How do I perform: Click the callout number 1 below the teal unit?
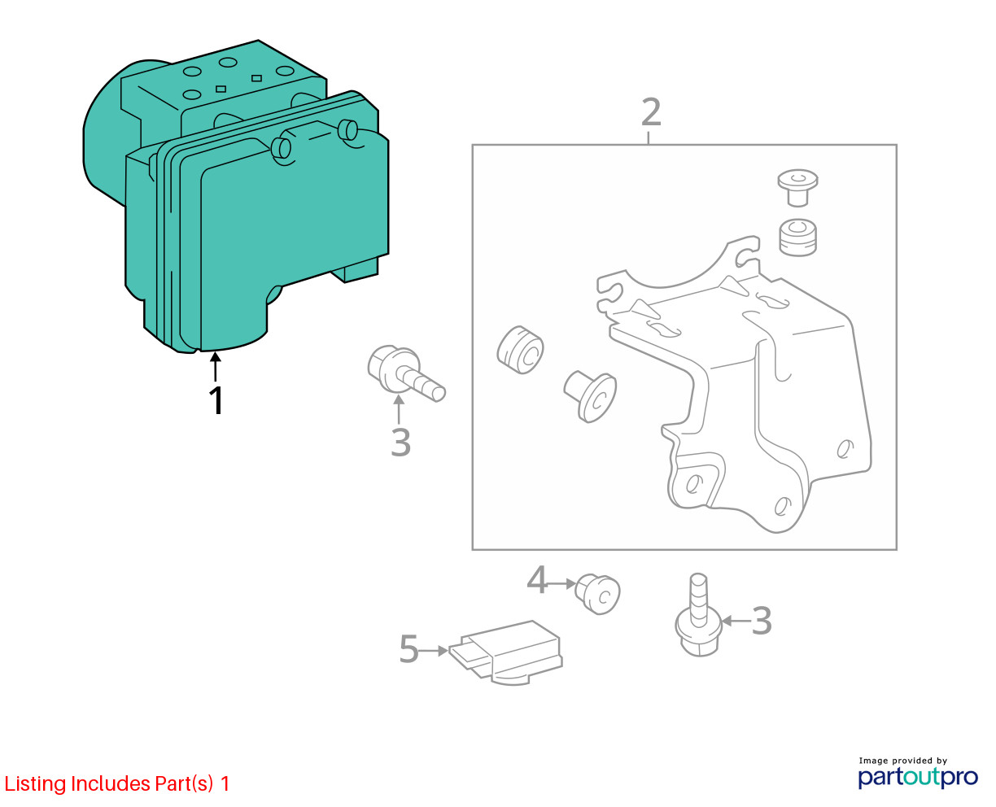(x=216, y=401)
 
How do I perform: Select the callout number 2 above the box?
(x=650, y=113)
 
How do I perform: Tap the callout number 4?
(x=537, y=580)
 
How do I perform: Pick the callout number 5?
(x=408, y=649)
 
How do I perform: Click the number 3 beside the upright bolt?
(x=761, y=621)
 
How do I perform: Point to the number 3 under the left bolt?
(x=400, y=443)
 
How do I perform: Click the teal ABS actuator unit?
(x=244, y=203)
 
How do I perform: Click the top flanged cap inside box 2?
(x=797, y=187)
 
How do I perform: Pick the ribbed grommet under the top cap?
(x=798, y=238)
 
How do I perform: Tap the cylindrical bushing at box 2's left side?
(x=520, y=350)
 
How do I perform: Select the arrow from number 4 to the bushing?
(x=561, y=583)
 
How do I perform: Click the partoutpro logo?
(x=917, y=774)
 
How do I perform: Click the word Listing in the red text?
(x=35, y=784)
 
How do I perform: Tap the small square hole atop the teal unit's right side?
(x=256, y=78)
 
